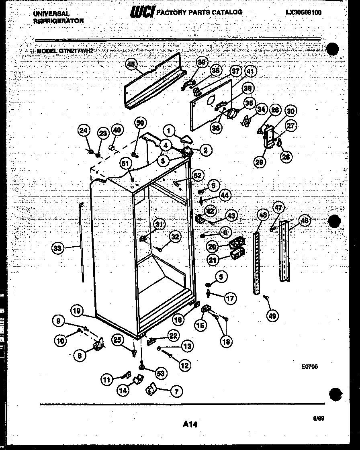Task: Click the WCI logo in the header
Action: click(141, 12)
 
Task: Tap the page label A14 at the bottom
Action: click(190, 423)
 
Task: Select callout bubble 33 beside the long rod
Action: click(58, 249)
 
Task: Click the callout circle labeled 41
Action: click(250, 72)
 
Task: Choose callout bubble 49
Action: click(273, 316)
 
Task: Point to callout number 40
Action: click(116, 130)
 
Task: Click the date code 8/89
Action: click(319, 418)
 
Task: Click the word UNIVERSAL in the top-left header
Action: click(51, 14)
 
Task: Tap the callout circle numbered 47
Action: click(278, 208)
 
